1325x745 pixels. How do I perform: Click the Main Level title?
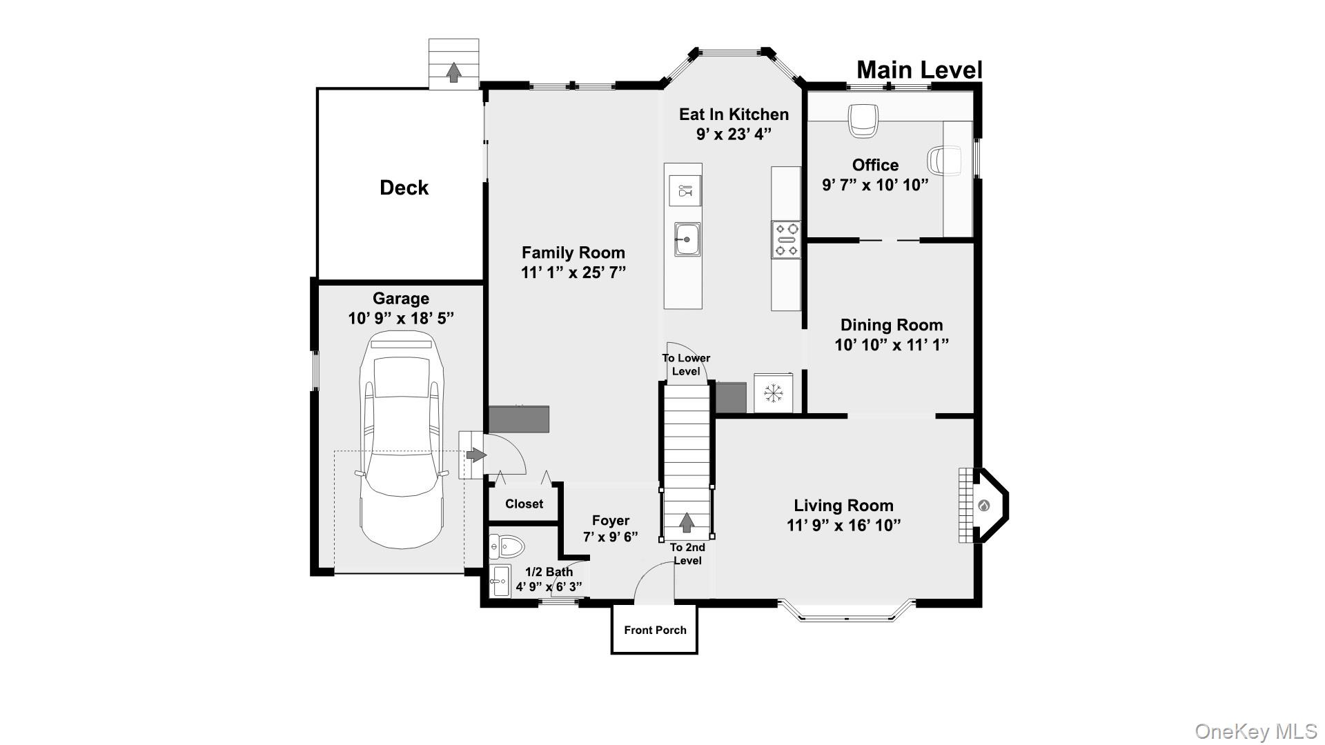[919, 70]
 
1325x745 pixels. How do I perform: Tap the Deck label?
[404, 188]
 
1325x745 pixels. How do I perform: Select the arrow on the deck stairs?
[453, 72]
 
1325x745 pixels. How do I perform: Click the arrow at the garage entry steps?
[475, 455]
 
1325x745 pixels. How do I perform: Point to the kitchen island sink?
[687, 239]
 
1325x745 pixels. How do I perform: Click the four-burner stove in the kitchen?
[786, 239]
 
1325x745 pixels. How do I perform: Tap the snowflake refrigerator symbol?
[773, 393]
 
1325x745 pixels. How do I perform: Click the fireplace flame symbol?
[983, 506]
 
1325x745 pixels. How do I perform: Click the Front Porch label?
[655, 630]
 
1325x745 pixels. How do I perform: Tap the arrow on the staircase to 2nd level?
[686, 522]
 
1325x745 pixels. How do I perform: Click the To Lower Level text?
[686, 364]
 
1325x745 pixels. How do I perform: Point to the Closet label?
[524, 504]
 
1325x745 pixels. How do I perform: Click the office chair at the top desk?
[863, 119]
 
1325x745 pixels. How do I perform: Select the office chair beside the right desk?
[943, 160]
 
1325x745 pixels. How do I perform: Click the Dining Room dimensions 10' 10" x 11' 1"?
[892, 345]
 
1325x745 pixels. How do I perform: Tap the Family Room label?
[573, 252]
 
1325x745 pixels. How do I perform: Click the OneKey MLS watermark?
[1255, 731]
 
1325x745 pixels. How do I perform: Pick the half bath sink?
[499, 581]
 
